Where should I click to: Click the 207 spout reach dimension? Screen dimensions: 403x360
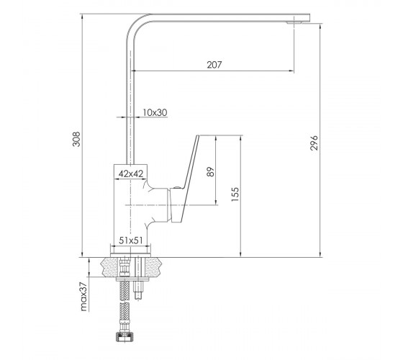tap(214, 65)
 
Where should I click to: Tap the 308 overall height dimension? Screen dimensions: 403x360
tap(76, 139)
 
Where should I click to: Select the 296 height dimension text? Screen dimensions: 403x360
tap(314, 143)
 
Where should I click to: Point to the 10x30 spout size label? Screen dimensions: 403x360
tap(155, 112)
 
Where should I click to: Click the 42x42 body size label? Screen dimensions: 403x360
tap(131, 174)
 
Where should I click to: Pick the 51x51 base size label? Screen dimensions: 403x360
tap(130, 240)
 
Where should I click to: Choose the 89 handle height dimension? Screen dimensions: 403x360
tap(210, 171)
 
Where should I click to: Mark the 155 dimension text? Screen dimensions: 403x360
tap(235, 194)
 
